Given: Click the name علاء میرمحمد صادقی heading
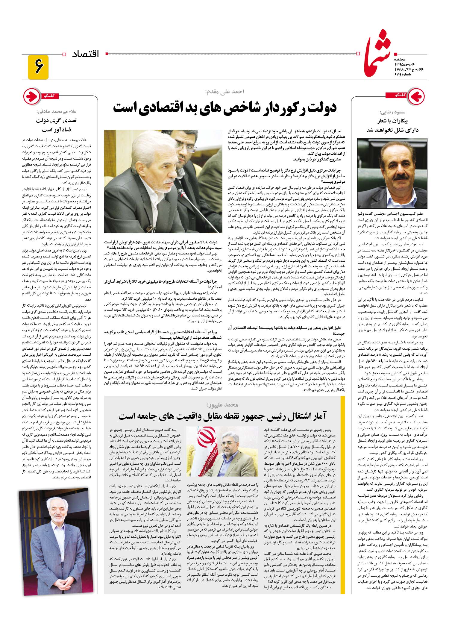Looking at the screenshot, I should [56, 112].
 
